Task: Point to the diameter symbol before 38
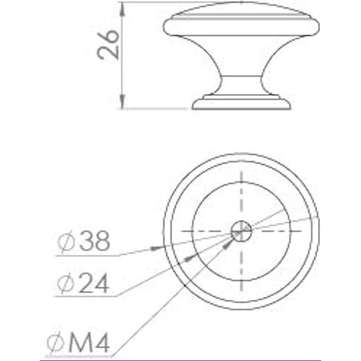66,242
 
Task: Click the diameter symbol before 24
66,284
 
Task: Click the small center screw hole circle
241,231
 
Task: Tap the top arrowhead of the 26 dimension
122,8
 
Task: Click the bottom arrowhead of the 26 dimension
122,102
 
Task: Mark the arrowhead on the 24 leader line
190,259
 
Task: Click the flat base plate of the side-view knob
242,104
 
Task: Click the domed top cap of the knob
242,18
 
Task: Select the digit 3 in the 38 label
87,242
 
